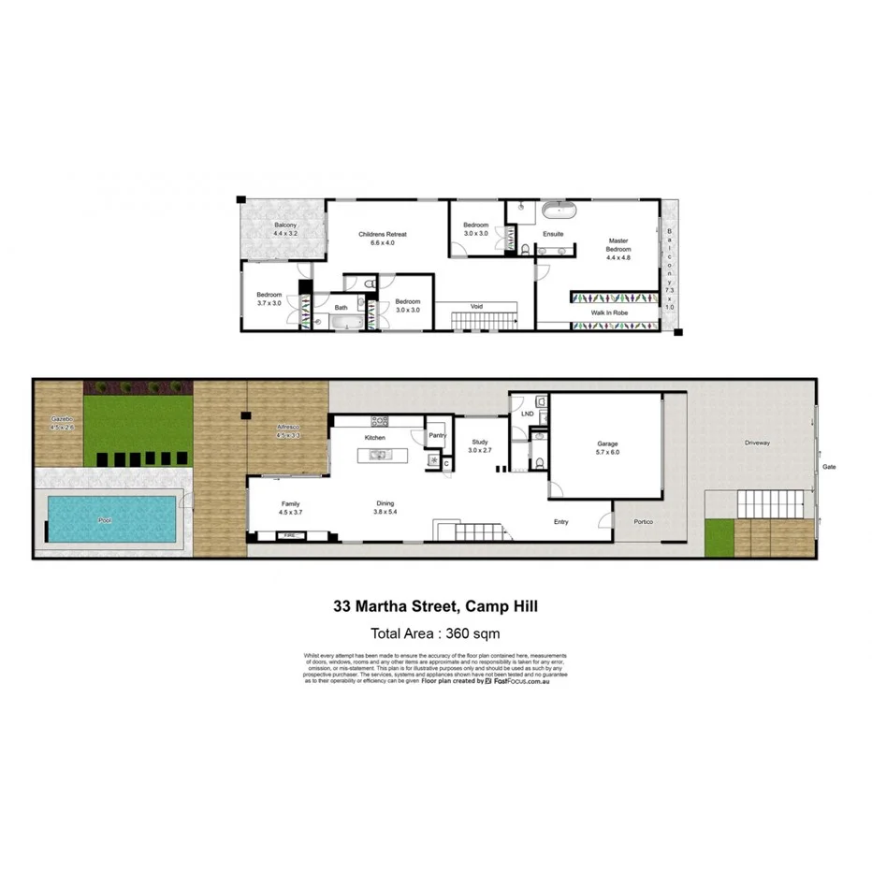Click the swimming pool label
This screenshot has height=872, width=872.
point(111,519)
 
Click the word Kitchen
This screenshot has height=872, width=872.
point(375,437)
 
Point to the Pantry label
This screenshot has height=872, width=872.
point(437,435)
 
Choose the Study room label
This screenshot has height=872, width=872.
point(480,443)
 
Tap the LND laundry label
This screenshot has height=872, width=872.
point(528,413)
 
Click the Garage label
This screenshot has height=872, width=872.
point(608,444)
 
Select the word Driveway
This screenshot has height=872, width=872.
point(757,443)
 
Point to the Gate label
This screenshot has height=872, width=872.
point(829,466)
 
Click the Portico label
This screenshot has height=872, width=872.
point(642,521)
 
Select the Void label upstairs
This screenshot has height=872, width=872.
point(476,306)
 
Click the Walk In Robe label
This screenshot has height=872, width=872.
point(608,312)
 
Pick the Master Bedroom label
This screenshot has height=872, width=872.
point(618,244)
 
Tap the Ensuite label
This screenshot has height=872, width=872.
point(553,234)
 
